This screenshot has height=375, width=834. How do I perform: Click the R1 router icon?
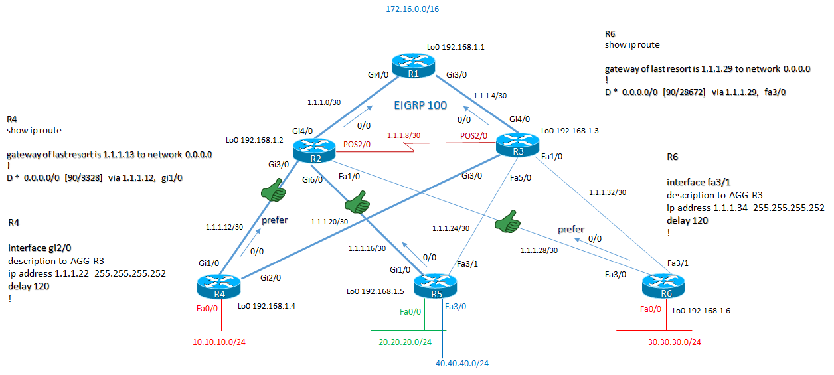tap(412, 65)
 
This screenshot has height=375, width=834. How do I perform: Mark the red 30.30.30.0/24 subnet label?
tap(674, 342)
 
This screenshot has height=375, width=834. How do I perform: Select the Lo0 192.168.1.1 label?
tap(456, 47)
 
